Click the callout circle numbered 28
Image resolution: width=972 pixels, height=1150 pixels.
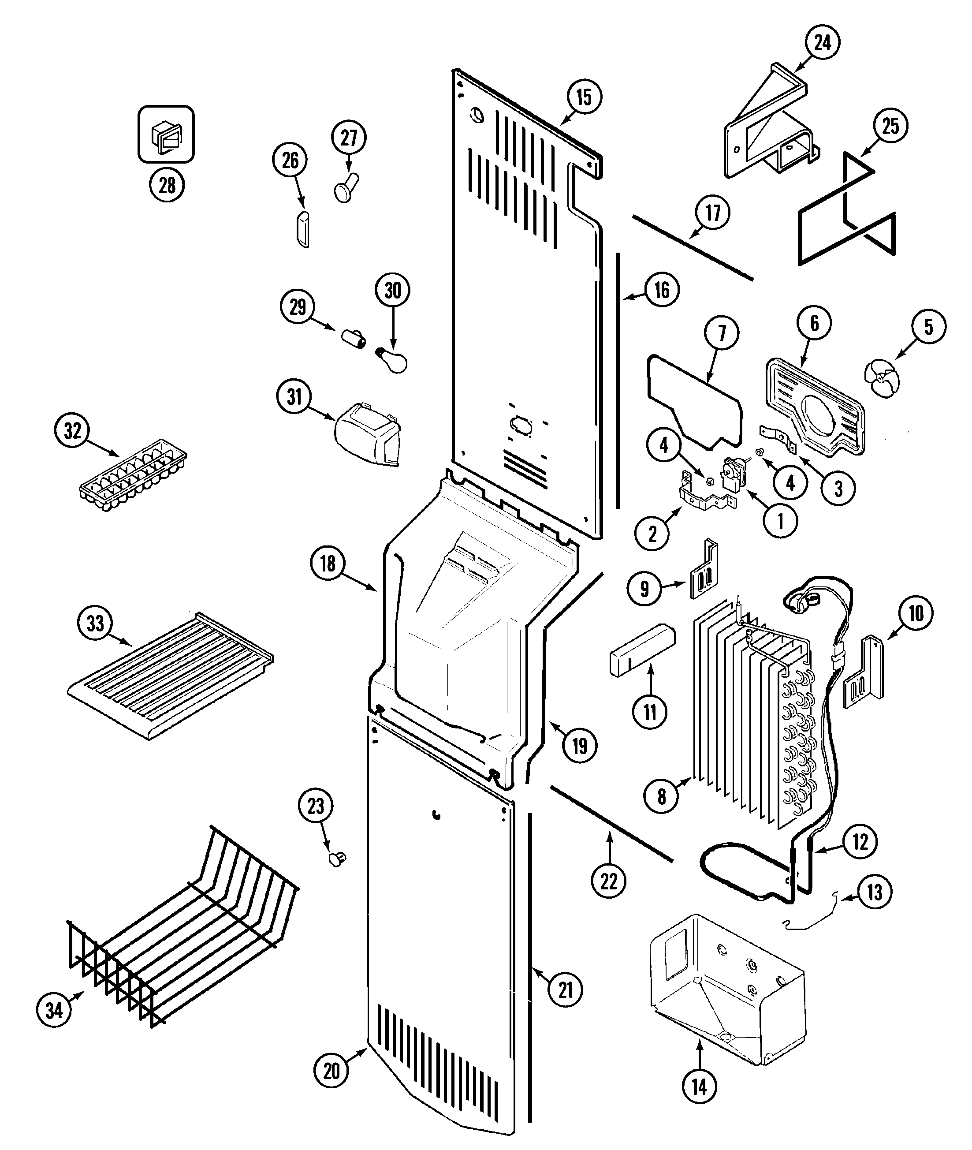[167, 185]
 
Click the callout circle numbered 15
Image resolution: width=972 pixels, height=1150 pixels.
[584, 97]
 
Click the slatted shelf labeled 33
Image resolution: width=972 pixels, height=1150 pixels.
[171, 678]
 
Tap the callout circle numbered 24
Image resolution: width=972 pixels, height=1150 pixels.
[822, 42]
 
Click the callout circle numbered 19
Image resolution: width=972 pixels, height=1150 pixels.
[580, 747]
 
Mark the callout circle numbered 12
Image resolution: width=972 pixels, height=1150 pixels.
[860, 842]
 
